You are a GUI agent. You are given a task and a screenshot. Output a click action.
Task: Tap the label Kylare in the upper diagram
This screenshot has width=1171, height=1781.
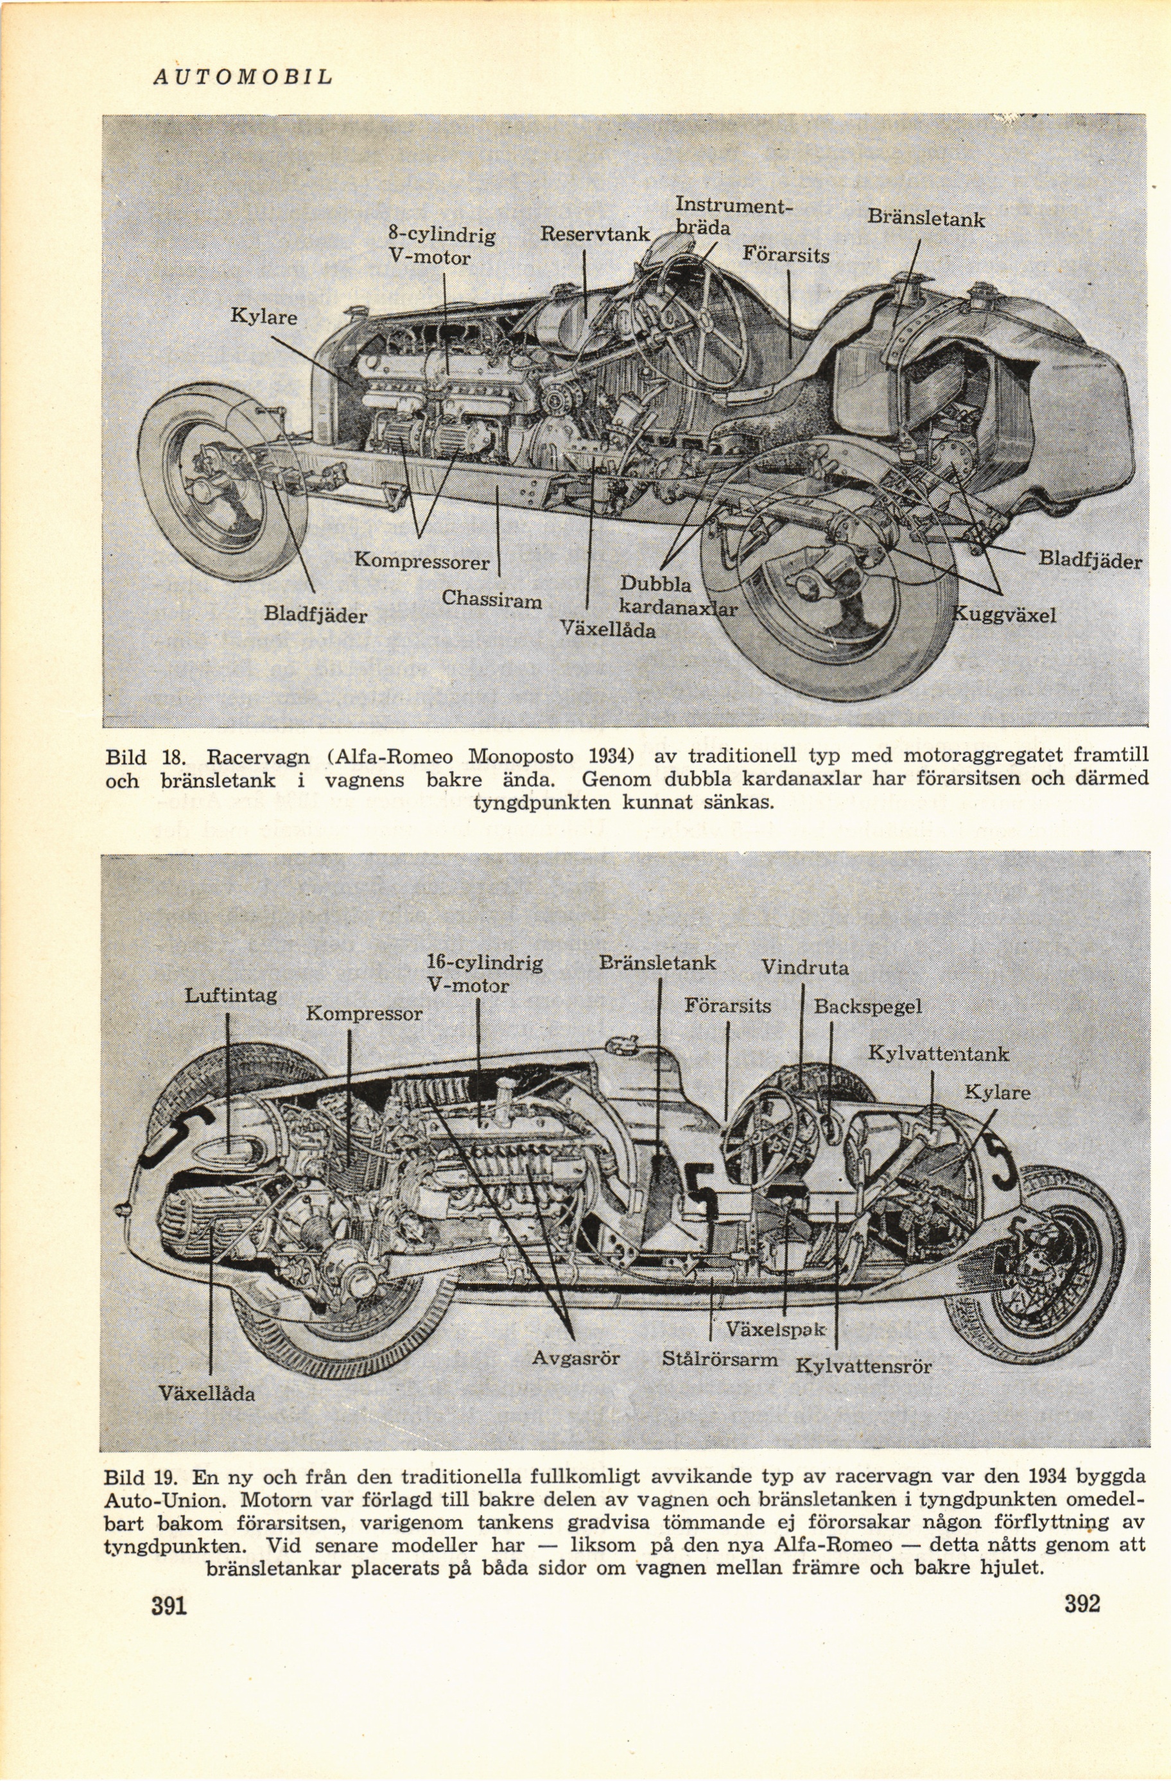tap(263, 317)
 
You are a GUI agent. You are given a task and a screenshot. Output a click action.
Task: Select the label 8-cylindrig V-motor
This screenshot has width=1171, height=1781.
tap(442, 247)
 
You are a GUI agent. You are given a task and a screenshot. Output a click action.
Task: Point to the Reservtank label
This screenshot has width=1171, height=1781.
tap(595, 234)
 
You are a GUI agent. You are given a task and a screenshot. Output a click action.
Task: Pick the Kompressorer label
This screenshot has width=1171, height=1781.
tap(421, 561)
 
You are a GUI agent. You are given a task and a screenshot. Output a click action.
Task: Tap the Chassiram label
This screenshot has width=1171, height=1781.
tap(492, 599)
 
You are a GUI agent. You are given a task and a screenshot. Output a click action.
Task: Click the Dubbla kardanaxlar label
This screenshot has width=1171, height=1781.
tap(677, 597)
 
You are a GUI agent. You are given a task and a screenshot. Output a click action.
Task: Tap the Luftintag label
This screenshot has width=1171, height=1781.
tap(231, 994)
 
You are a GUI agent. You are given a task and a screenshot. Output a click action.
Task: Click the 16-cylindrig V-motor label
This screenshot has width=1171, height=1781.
tap(483, 974)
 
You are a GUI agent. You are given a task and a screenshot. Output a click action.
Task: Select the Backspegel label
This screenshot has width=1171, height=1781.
tap(868, 1006)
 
